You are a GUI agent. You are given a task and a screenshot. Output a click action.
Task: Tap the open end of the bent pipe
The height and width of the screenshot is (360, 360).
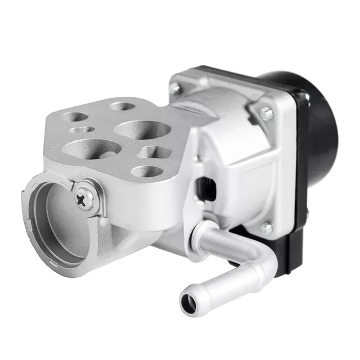point(190,301)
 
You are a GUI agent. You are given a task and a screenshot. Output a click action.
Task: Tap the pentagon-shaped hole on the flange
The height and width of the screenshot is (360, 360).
point(153,152)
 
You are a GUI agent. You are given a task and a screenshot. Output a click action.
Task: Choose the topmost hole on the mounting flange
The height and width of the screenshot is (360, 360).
point(121,107)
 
